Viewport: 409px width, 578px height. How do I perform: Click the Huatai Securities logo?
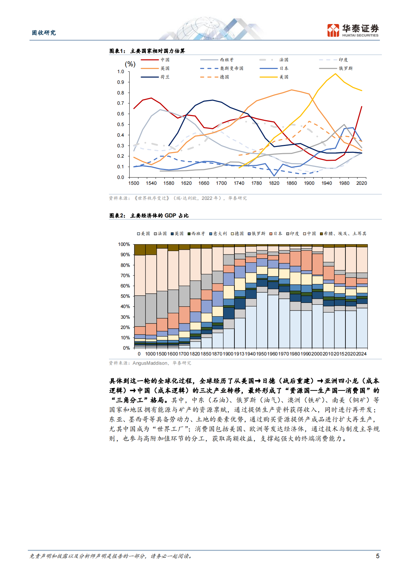tap(353, 30)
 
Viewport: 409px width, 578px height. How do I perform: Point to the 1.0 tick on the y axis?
tap(121, 71)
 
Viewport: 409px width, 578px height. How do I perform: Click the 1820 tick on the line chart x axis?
tap(274, 183)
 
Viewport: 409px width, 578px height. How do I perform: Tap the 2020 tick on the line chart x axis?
tap(362, 183)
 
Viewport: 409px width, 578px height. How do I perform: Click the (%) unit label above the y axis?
tap(130, 64)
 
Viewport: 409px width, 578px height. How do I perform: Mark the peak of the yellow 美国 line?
tap(335, 73)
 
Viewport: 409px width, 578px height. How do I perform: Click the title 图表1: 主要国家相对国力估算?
tap(147, 51)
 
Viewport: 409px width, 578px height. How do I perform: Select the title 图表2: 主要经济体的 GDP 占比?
tap(149, 216)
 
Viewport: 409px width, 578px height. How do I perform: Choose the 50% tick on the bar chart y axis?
tap(125, 296)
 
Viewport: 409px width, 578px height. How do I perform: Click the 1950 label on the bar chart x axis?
tap(262, 354)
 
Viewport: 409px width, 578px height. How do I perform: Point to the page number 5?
tap(378, 556)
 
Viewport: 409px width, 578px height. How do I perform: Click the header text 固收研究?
tap(44, 33)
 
